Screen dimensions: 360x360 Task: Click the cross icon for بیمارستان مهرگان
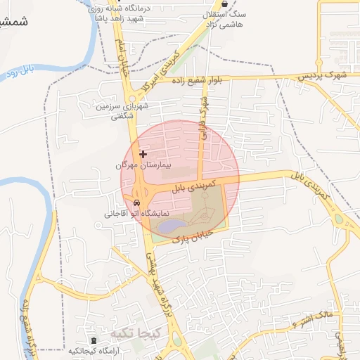coord(143,154)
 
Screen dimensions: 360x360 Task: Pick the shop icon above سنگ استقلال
coord(224,4)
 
